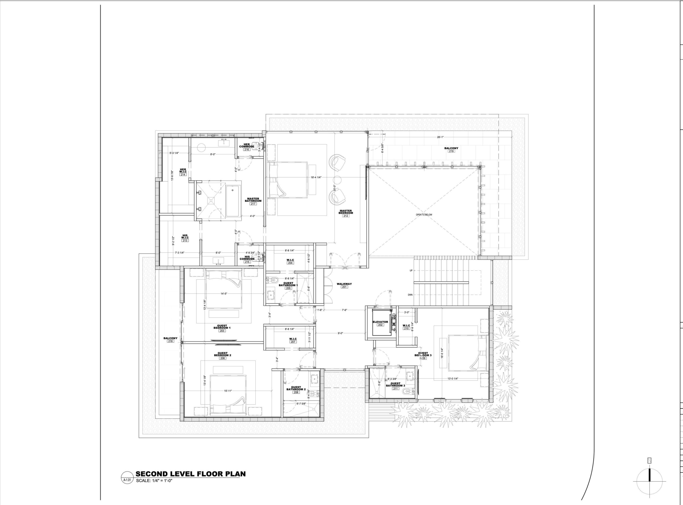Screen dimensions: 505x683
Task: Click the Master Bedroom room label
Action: tap(345, 212)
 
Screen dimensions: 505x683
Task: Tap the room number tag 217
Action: tap(253, 204)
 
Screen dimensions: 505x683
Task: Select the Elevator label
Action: tap(380, 322)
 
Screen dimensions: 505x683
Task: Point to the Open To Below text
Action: tap(424, 215)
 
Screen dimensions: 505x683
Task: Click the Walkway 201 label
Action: tap(344, 284)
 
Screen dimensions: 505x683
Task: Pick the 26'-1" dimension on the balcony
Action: tap(440, 137)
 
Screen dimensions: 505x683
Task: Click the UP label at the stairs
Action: tap(411, 271)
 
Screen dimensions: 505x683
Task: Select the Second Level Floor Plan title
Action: tap(191, 474)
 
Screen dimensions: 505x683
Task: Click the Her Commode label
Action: tap(247, 145)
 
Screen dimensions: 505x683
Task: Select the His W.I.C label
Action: tap(185, 237)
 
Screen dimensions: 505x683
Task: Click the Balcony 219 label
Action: tap(451, 148)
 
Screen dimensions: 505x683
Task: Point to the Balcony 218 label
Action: tap(170, 338)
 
